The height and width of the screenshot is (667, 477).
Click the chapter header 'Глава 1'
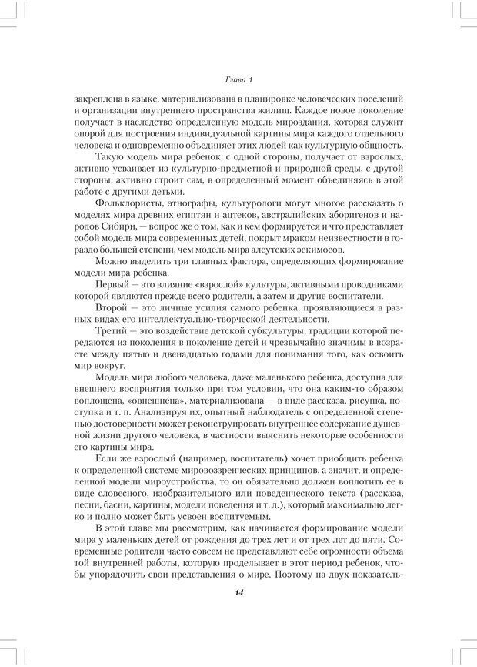pyautogui.click(x=239, y=79)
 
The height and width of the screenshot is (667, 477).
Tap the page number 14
pyautogui.click(x=239, y=592)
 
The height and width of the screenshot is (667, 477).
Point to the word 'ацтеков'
pyautogui.click(x=257, y=213)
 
